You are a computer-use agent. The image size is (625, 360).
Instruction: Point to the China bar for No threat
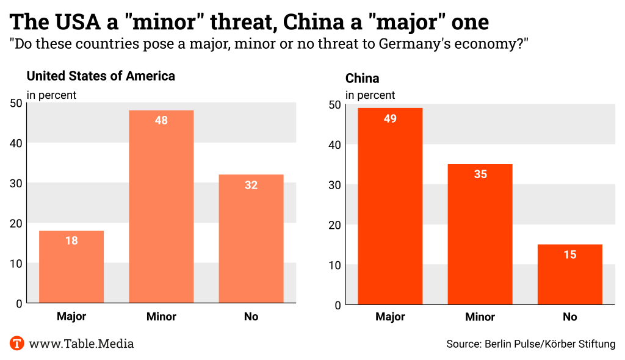(569, 274)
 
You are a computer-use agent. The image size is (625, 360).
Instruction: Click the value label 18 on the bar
(71, 240)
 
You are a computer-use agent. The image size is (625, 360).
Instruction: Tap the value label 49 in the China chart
(390, 118)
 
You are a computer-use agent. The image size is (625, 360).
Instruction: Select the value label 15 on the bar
(569, 254)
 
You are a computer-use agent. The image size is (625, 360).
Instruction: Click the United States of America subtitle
(101, 76)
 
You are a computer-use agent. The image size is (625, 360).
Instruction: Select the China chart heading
(362, 78)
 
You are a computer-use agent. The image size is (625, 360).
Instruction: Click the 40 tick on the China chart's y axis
(334, 145)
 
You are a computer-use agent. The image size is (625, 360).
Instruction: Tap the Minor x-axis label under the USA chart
(161, 317)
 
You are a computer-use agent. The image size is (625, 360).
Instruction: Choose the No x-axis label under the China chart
(569, 317)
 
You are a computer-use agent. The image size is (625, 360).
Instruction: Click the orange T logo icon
(16, 344)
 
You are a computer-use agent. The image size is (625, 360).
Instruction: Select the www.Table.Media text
(81, 344)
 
